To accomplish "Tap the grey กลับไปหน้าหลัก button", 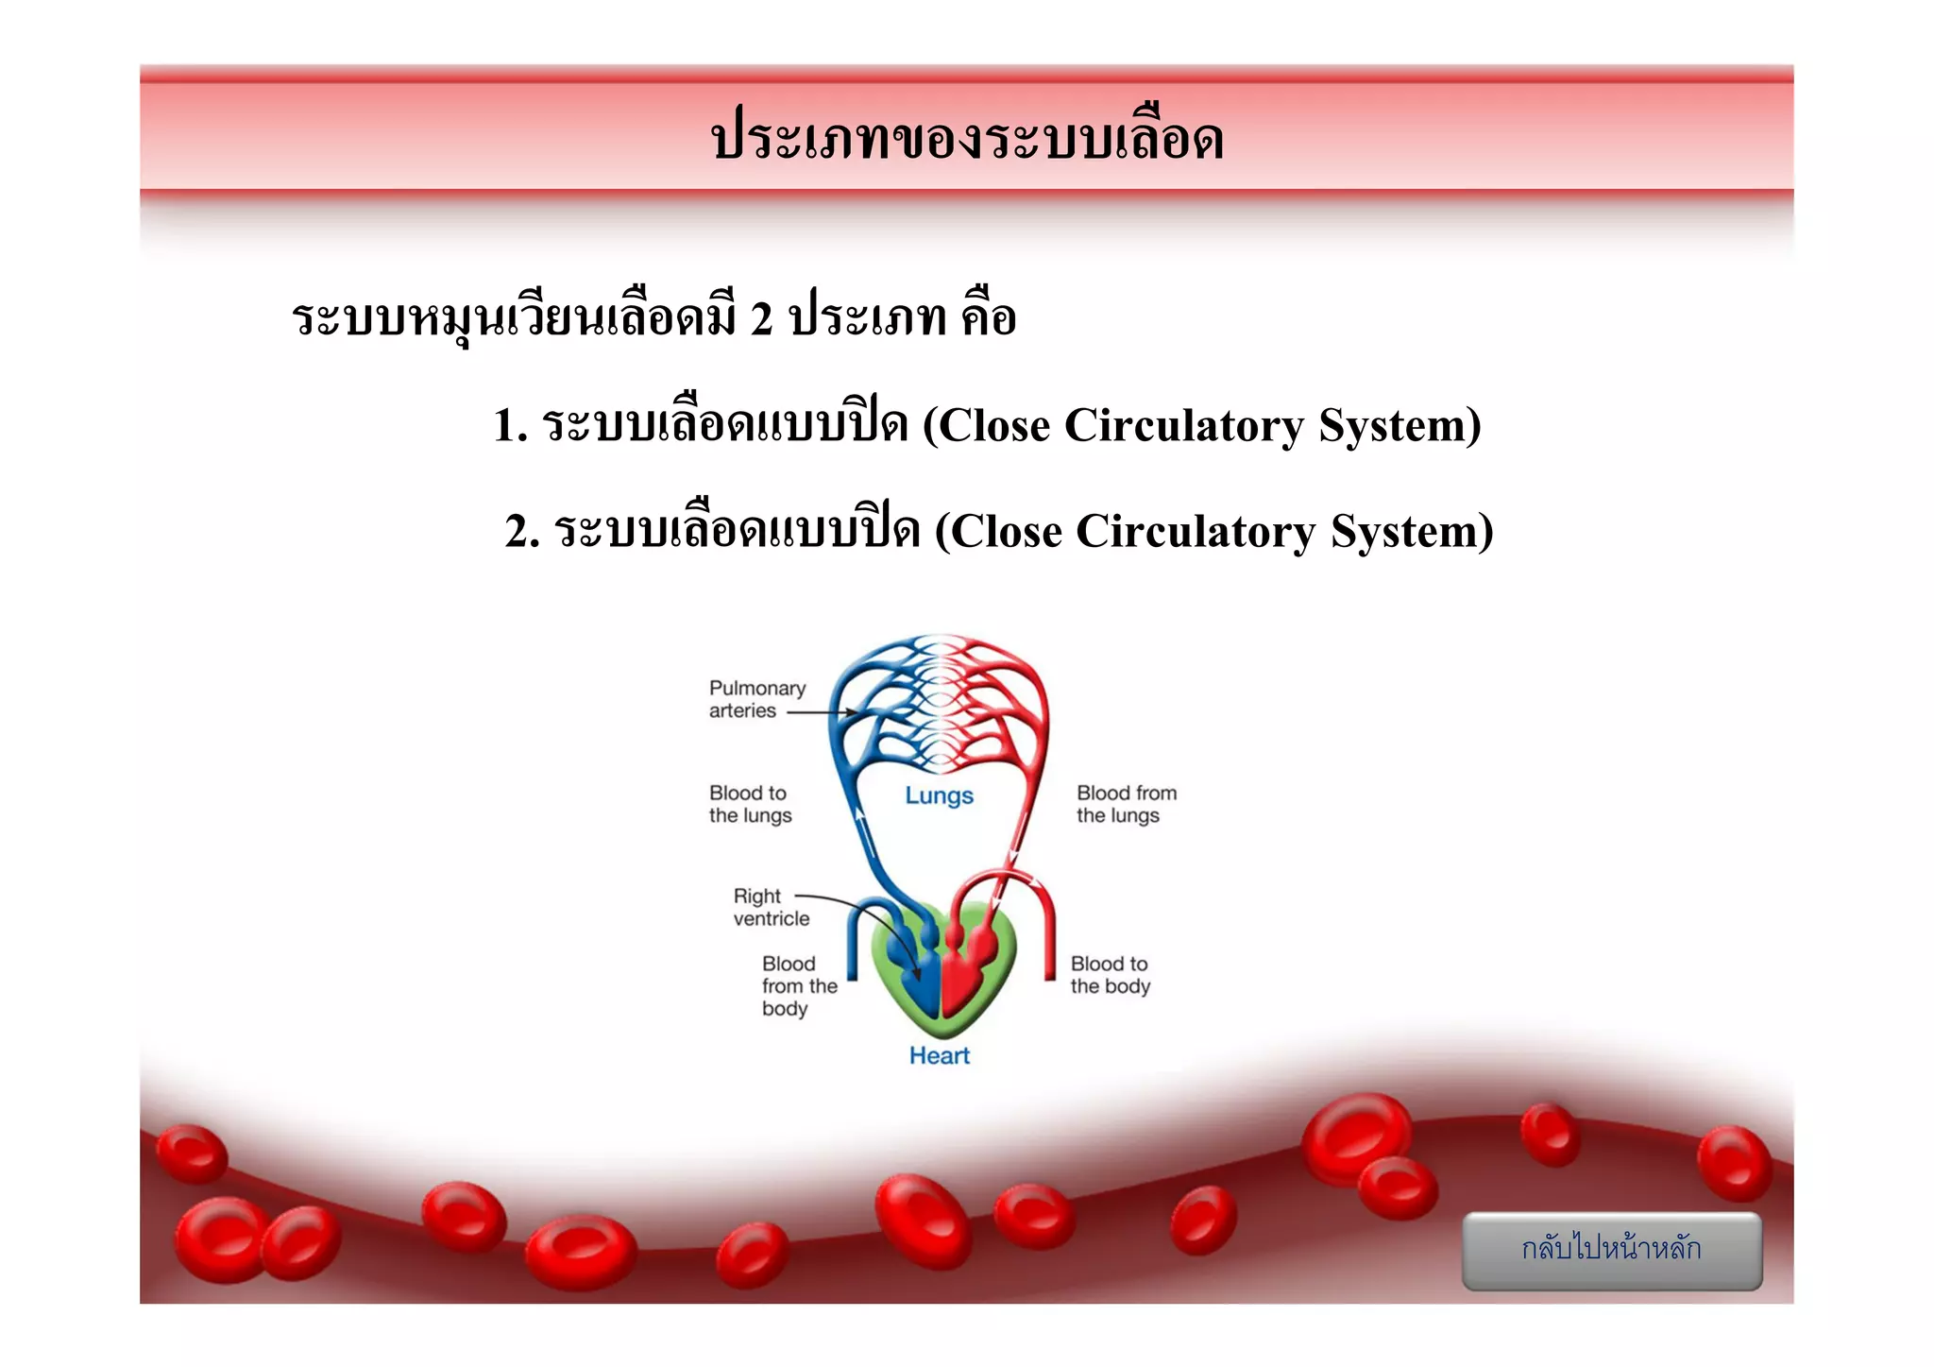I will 1611,1249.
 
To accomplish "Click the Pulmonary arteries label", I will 756,699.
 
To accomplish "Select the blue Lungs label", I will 939,795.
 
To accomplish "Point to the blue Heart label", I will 939,1055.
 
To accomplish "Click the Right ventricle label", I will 770,907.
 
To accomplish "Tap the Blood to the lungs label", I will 750,804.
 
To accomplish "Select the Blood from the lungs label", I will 1126,804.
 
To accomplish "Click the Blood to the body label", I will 1110,975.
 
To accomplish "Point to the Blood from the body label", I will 798,986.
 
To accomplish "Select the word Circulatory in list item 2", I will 1195,531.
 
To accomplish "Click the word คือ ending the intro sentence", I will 989,316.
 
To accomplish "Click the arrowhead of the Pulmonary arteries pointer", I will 853,712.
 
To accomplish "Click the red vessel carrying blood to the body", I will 1048,945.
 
